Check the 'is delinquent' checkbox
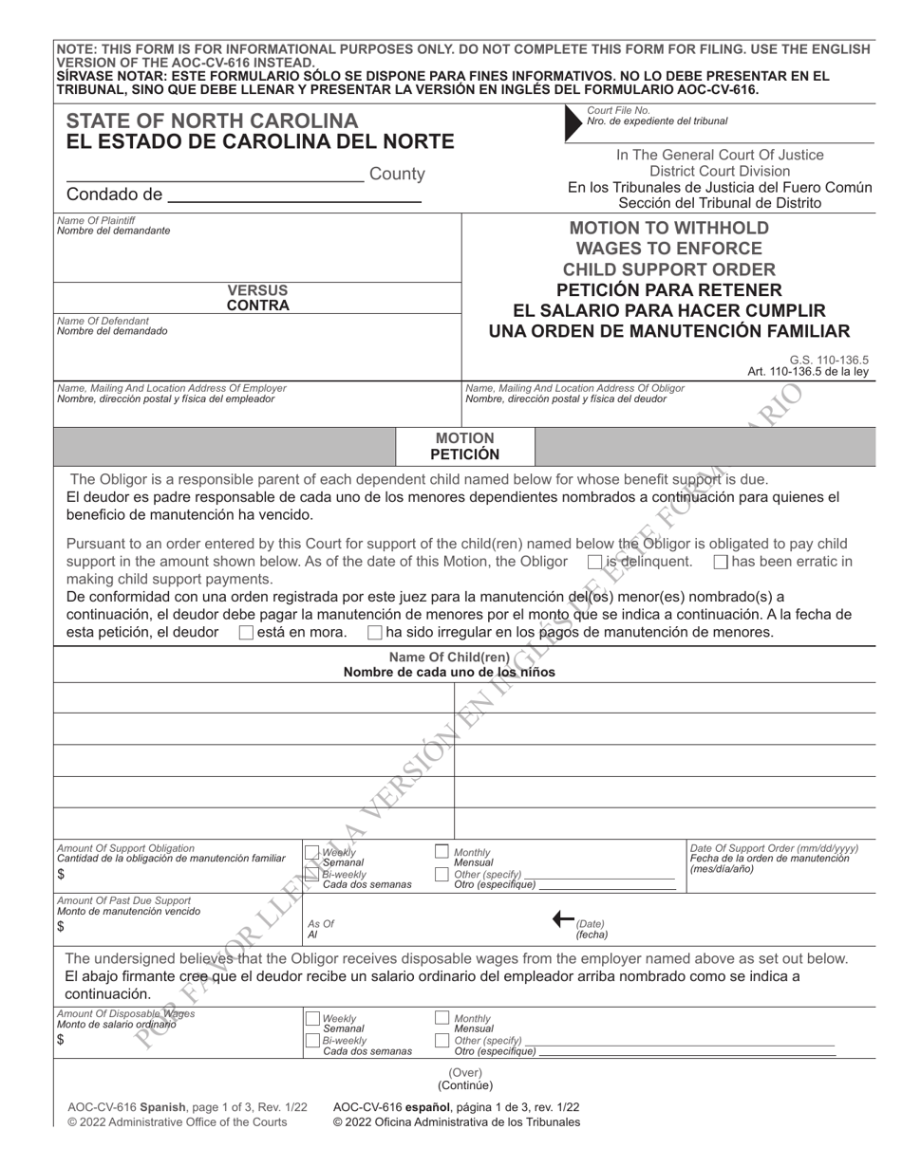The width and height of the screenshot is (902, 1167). [595, 562]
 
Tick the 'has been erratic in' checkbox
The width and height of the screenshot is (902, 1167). [721, 562]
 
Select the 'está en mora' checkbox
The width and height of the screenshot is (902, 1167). [246, 633]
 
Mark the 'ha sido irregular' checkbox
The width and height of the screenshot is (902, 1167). [375, 633]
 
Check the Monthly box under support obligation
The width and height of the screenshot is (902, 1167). [442, 852]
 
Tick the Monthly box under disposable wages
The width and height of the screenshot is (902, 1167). [442, 1018]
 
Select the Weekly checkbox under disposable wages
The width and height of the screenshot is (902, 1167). [311, 1019]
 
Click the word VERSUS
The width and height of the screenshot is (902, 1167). [257, 290]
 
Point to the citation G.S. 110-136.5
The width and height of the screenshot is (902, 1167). [828, 360]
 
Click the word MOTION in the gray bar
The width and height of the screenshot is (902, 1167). [464, 438]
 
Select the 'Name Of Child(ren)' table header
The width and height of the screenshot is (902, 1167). [449, 658]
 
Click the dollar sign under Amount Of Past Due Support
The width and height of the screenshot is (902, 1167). [61, 927]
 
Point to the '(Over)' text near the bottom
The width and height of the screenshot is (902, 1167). [465, 1072]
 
